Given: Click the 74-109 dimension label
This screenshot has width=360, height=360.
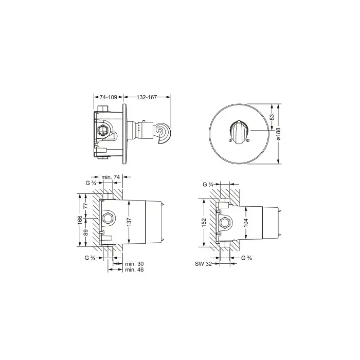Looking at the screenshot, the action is (109, 97).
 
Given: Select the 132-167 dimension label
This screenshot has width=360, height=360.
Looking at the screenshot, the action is (147, 97).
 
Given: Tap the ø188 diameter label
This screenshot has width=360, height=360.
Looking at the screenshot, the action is (278, 134).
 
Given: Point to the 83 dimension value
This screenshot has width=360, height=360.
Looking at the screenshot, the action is (272, 117).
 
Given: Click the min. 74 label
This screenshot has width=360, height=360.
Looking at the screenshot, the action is (111, 177).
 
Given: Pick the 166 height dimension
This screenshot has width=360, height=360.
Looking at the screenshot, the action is (80, 220).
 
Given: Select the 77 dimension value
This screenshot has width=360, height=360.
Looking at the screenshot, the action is (86, 206).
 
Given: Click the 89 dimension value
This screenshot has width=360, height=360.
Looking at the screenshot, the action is (86, 232).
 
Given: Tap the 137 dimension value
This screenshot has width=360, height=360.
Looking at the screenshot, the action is (129, 222).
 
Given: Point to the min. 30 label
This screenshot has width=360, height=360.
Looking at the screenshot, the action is (134, 264).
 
